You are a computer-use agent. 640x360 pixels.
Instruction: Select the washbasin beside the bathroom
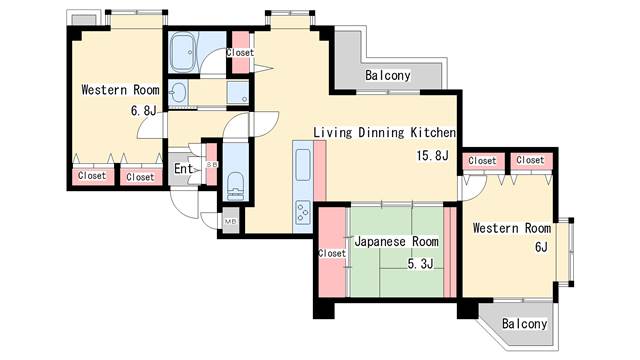[179, 93]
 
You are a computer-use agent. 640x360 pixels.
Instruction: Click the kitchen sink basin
[303, 160]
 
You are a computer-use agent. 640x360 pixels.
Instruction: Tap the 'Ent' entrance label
[184, 168]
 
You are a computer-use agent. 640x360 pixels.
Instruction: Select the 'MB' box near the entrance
[230, 221]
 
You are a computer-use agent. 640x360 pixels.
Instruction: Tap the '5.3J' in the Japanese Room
[420, 264]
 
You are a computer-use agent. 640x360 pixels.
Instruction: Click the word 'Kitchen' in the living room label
[433, 132]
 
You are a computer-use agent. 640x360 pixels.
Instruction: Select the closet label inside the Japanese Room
[331, 253]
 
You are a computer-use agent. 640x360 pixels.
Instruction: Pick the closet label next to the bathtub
[240, 52]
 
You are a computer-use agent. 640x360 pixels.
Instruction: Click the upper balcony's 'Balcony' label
[387, 76]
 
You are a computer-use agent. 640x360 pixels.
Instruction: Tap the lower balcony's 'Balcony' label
[524, 324]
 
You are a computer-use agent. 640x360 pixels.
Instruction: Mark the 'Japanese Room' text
[396, 242]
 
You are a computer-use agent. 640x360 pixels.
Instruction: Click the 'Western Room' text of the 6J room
[512, 228]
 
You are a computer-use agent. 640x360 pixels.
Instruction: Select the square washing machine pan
[238, 93]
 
